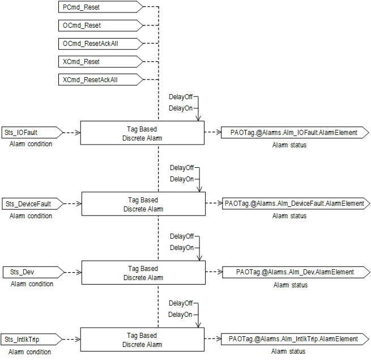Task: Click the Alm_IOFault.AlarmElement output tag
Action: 294,133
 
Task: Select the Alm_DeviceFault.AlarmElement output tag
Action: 294,204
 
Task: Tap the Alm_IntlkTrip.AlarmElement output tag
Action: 294,339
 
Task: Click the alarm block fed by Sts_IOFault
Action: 142,133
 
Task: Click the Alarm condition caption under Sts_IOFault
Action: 31,144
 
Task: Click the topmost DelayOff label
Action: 180,97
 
